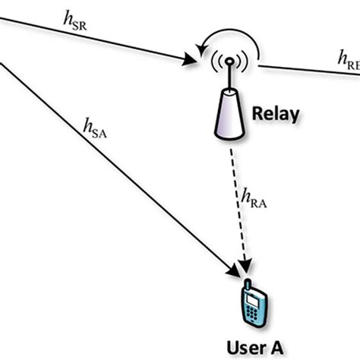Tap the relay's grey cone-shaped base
(x=229, y=115)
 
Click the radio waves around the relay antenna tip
(x=229, y=62)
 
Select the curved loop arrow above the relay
(x=228, y=40)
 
